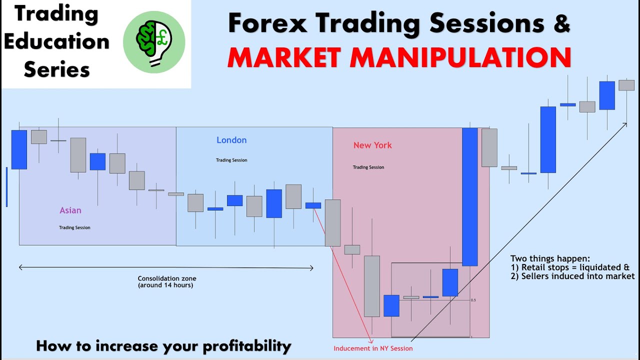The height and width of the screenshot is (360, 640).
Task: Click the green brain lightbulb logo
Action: pyautogui.click(x=154, y=42)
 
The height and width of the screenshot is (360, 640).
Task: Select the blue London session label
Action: pyautogui.click(x=231, y=140)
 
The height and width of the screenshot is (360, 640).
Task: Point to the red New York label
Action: pyautogui.click(x=372, y=145)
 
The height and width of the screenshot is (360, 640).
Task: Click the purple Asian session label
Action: pyautogui.click(x=70, y=210)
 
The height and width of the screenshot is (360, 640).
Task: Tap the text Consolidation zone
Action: pyautogui.click(x=167, y=278)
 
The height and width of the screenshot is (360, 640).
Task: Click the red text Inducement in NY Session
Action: pyautogui.click(x=373, y=348)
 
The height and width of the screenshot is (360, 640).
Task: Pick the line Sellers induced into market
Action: pyautogui.click(x=572, y=276)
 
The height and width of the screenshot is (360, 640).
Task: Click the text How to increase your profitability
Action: pyautogui.click(x=163, y=345)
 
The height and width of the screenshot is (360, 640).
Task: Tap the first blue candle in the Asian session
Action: pyautogui.click(x=19, y=149)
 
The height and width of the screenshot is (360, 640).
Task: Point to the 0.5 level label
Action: pyautogui.click(x=473, y=300)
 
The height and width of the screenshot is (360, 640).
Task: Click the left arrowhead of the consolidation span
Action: pyautogui.click(x=21, y=268)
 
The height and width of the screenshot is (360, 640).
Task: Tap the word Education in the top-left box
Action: pyautogui.click(x=56, y=41)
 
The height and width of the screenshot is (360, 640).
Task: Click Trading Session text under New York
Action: pyautogui.click(x=368, y=167)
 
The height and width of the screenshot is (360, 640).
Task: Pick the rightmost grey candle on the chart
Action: pyautogui.click(x=626, y=85)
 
